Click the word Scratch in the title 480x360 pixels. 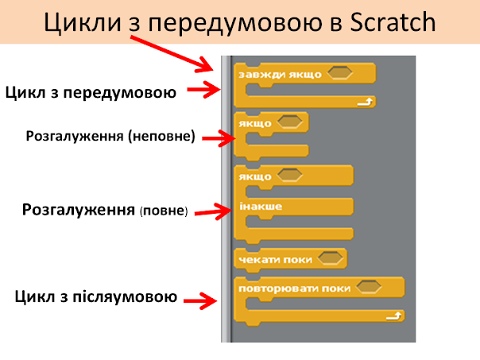click(392, 22)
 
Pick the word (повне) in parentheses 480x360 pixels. click(163, 212)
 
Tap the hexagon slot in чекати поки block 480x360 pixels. click(330, 259)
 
